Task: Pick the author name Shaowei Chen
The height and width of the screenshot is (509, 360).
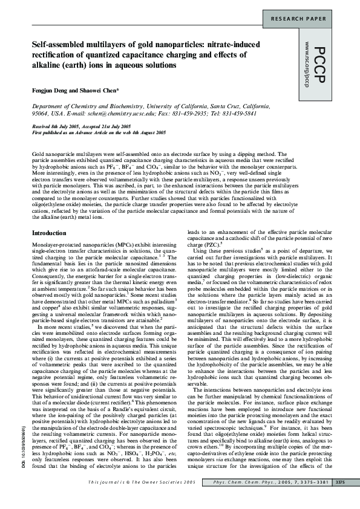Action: coord(99,90)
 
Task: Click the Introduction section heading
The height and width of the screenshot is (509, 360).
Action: coord(49,182)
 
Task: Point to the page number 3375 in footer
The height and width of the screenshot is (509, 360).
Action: coord(340,499)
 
